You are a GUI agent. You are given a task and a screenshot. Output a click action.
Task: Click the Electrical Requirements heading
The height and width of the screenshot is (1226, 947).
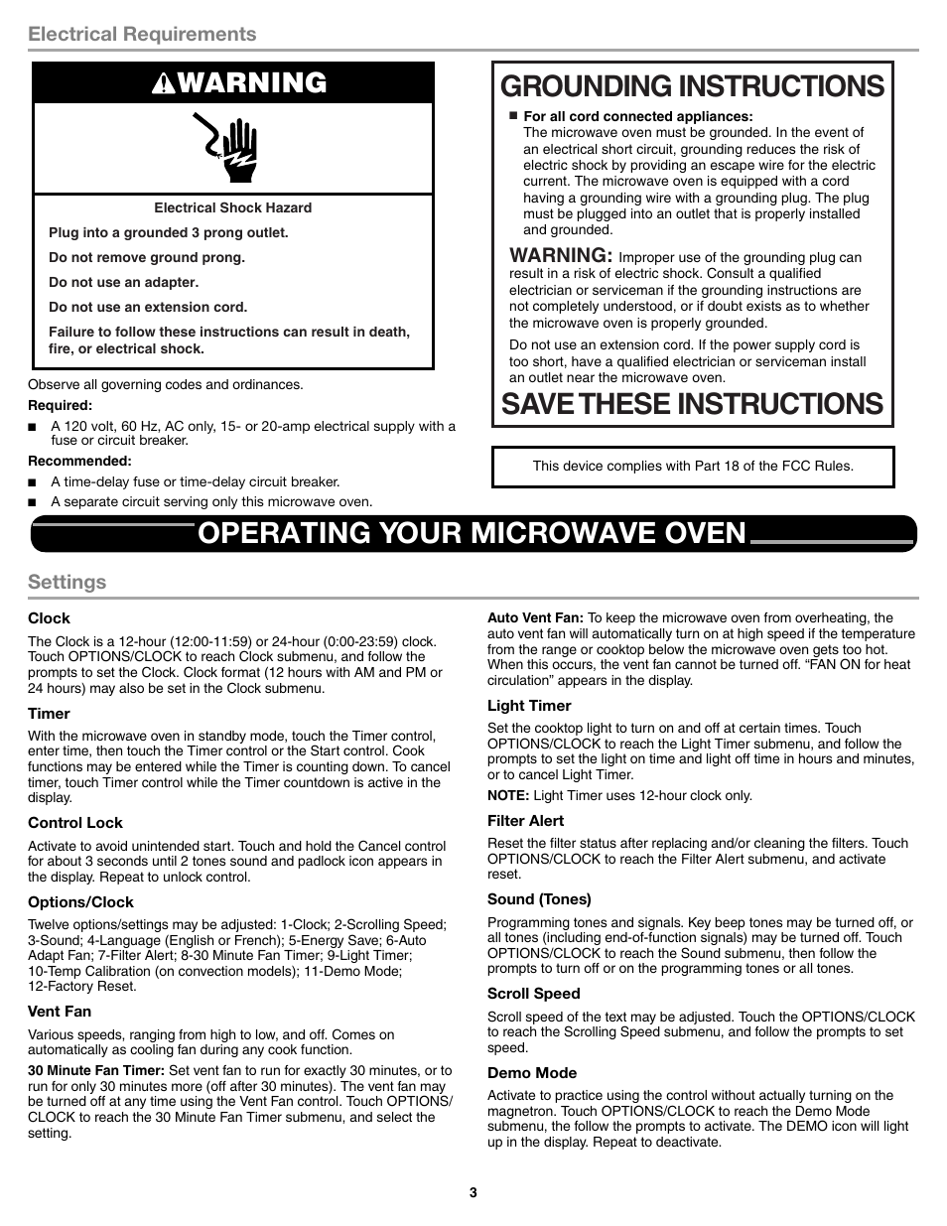(142, 34)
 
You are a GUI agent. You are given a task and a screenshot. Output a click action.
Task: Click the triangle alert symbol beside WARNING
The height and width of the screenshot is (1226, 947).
(165, 84)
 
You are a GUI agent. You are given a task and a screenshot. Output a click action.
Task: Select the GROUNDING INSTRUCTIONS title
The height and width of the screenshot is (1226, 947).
(693, 86)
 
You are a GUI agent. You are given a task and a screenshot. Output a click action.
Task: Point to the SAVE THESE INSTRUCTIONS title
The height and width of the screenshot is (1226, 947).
(692, 404)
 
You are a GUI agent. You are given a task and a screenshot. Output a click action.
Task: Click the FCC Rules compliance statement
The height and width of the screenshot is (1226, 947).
(693, 466)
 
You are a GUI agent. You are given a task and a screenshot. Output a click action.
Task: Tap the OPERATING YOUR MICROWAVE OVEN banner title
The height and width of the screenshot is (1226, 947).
(472, 533)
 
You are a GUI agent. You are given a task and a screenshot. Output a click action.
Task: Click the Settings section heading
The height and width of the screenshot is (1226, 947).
(67, 582)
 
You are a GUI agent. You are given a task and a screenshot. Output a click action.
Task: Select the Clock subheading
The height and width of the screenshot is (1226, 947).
(49, 618)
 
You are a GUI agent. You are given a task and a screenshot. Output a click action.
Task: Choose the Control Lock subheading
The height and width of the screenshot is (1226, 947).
(75, 823)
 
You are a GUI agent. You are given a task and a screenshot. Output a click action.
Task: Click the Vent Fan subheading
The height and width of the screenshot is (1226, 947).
(60, 1012)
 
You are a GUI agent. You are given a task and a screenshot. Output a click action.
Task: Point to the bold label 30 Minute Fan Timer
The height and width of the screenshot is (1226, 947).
(96, 1071)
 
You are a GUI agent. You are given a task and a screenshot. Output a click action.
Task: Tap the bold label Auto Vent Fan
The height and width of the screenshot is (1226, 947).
(535, 617)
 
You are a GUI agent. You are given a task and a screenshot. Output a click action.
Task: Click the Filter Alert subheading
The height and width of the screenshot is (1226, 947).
(525, 821)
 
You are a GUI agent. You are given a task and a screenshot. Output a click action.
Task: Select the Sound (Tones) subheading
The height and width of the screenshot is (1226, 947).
(539, 899)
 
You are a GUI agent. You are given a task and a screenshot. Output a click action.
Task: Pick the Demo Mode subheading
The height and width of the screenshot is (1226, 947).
(531, 1073)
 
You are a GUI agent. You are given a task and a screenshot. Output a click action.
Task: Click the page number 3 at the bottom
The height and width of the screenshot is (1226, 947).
(473, 1193)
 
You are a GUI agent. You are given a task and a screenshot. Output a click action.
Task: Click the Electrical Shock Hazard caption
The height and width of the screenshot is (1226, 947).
(232, 208)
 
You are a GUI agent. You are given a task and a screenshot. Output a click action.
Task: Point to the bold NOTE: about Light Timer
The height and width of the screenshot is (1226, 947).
(507, 795)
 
